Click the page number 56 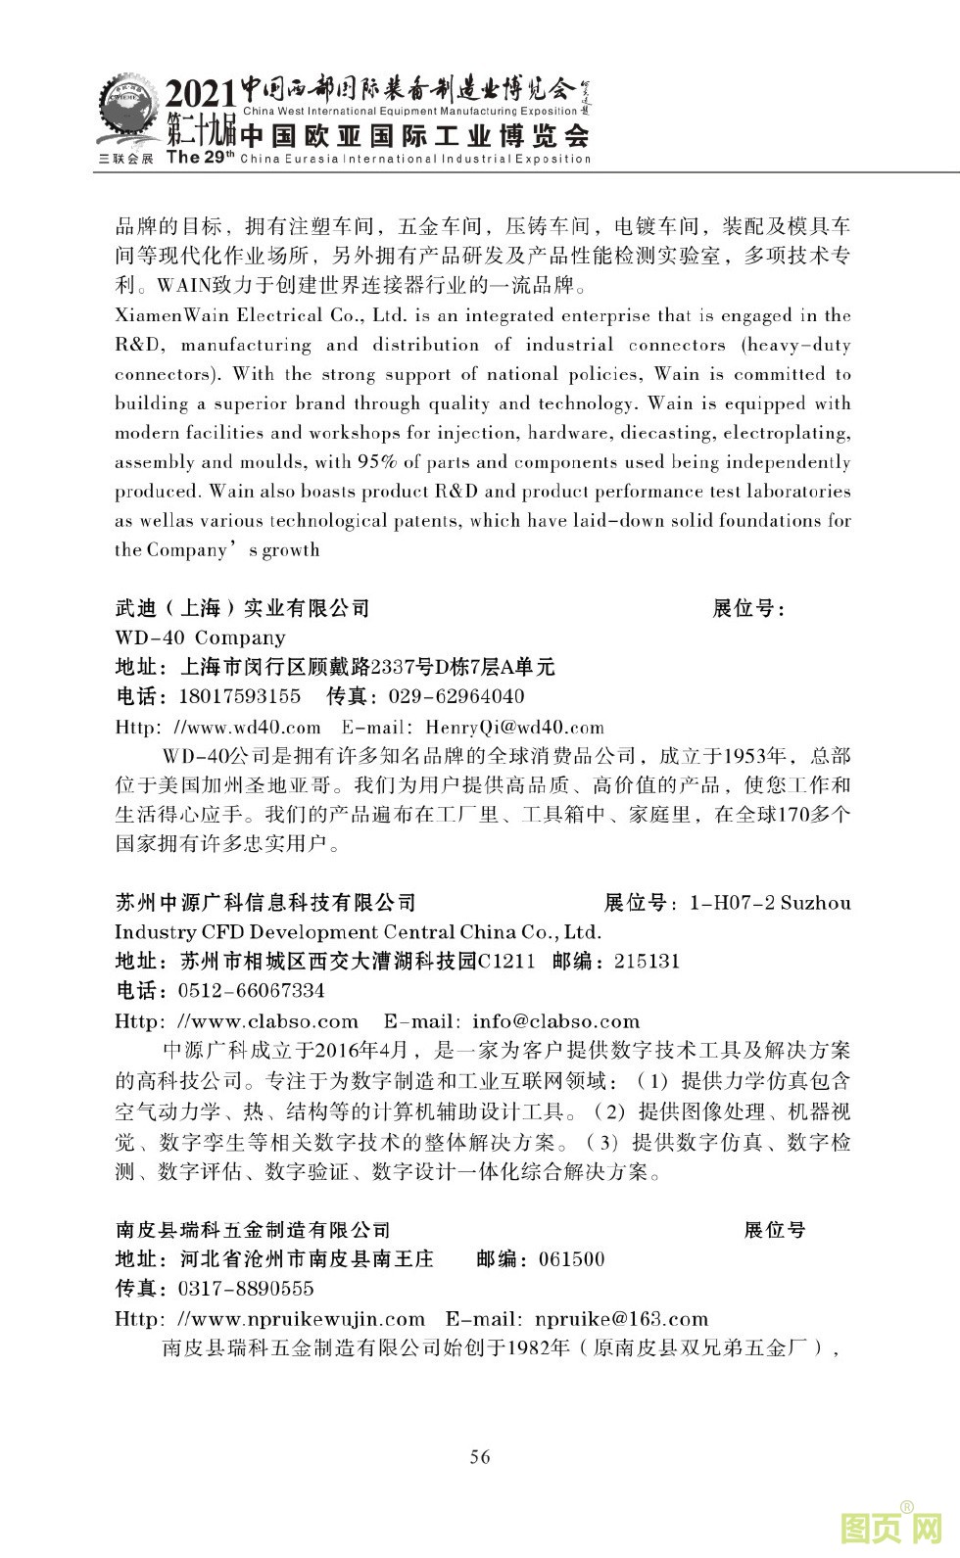pyautogui.click(x=480, y=1456)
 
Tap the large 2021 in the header pyautogui.click(x=200, y=96)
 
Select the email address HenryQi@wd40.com pyautogui.click(x=514, y=727)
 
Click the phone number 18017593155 pyautogui.click(x=240, y=696)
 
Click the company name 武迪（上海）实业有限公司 pyautogui.click(x=242, y=608)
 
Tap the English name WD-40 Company pyautogui.click(x=200, y=637)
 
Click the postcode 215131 pyautogui.click(x=647, y=961)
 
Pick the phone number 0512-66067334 pyautogui.click(x=252, y=990)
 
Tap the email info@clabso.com pyautogui.click(x=555, y=1021)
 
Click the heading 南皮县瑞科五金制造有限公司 pyautogui.click(x=253, y=1230)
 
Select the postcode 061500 pyautogui.click(x=571, y=1259)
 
